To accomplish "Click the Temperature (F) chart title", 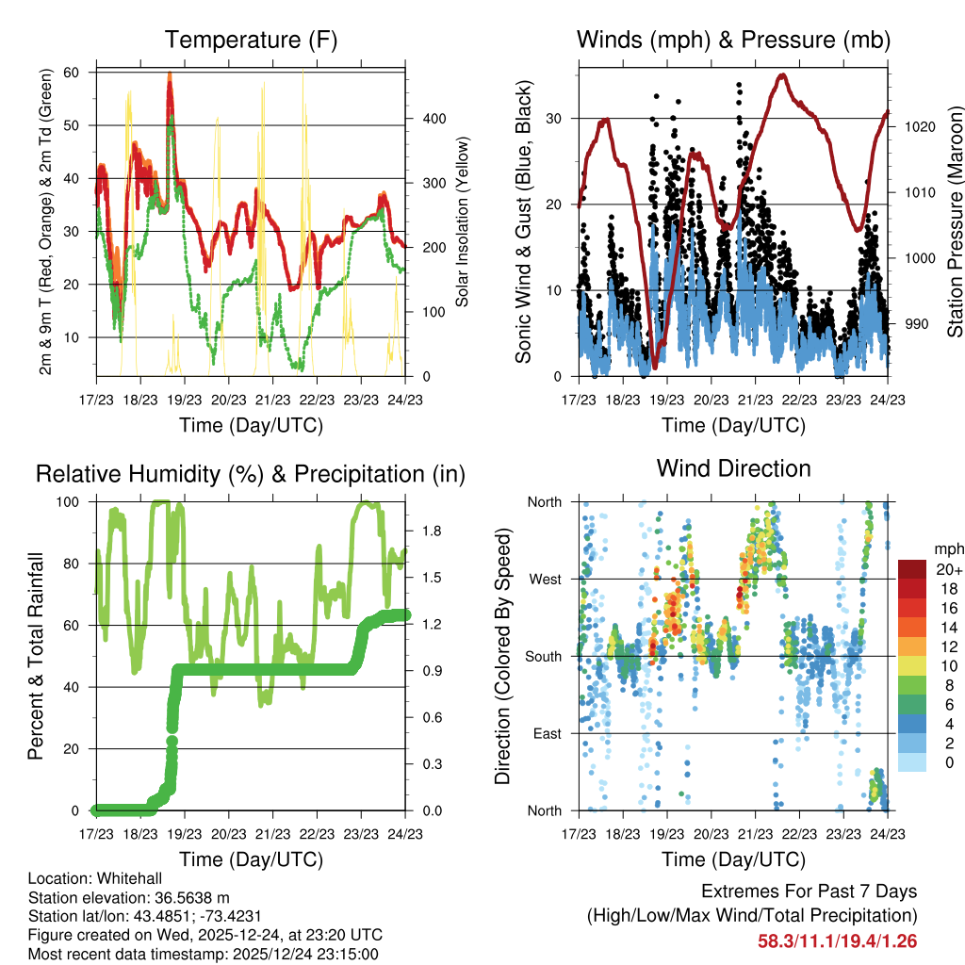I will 251,40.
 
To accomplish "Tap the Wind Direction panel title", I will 733,468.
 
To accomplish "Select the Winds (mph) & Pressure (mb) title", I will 733,40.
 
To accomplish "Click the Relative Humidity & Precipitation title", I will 251,474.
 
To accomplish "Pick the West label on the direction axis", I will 545,579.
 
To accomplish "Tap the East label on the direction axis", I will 547,733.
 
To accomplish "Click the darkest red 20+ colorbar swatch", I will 911,569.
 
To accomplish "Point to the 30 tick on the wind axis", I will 557,119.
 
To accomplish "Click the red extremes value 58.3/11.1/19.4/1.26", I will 837,940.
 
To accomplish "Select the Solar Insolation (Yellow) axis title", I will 463,222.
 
